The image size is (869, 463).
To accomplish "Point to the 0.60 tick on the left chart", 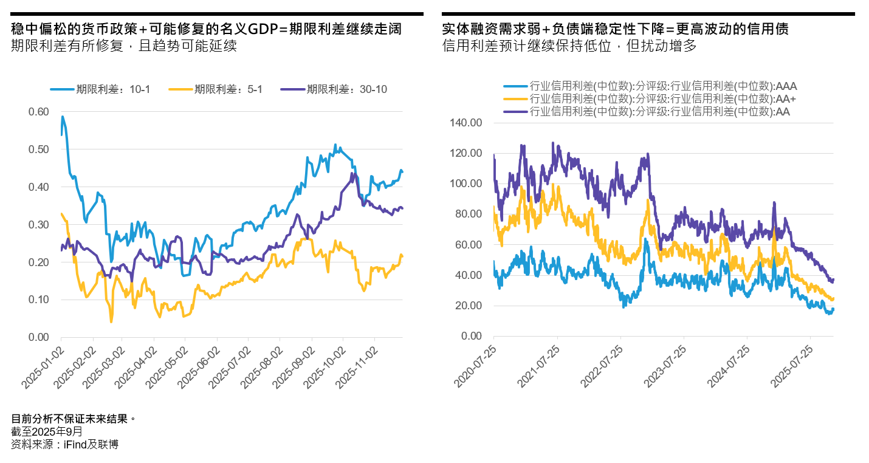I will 38,112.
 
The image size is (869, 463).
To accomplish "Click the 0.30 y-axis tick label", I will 38,225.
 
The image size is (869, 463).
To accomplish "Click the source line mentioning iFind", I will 64,445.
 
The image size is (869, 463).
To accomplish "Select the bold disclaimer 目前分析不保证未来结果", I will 72,419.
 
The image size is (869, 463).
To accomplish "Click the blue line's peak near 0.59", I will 63,116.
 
